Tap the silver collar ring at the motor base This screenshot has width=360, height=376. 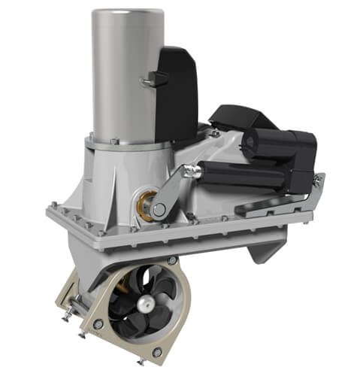[124, 142]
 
